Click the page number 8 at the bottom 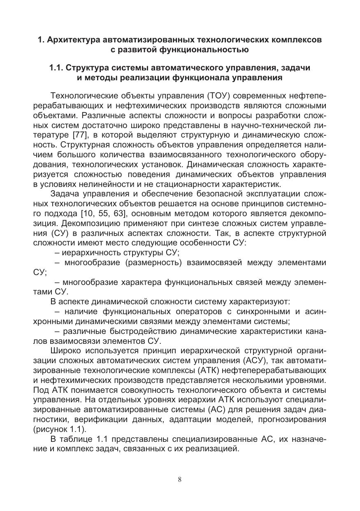180,479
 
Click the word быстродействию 140,331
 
